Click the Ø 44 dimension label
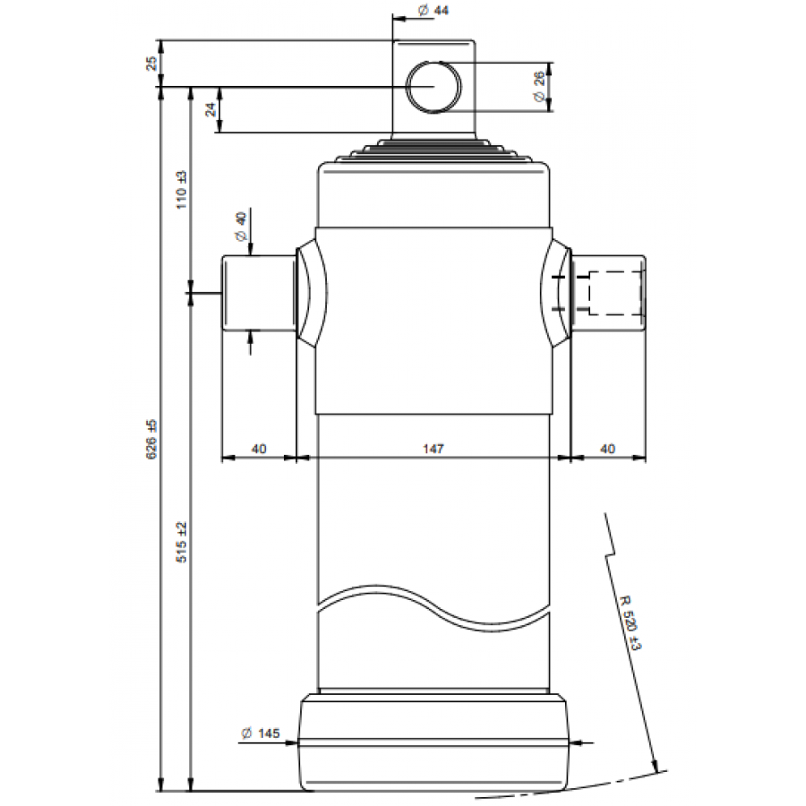pyautogui.click(x=433, y=10)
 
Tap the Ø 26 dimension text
pyautogui.click(x=538, y=86)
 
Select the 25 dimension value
pyautogui.click(x=151, y=64)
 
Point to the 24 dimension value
pyautogui.click(x=210, y=109)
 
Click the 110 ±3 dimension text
pyautogui.click(x=182, y=190)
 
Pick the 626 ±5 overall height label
pyautogui.click(x=152, y=440)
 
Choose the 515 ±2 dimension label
pyautogui.click(x=182, y=543)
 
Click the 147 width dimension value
pyautogui.click(x=433, y=449)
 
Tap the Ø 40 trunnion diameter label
pyautogui.click(x=240, y=227)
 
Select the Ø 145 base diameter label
pyautogui.click(x=261, y=733)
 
